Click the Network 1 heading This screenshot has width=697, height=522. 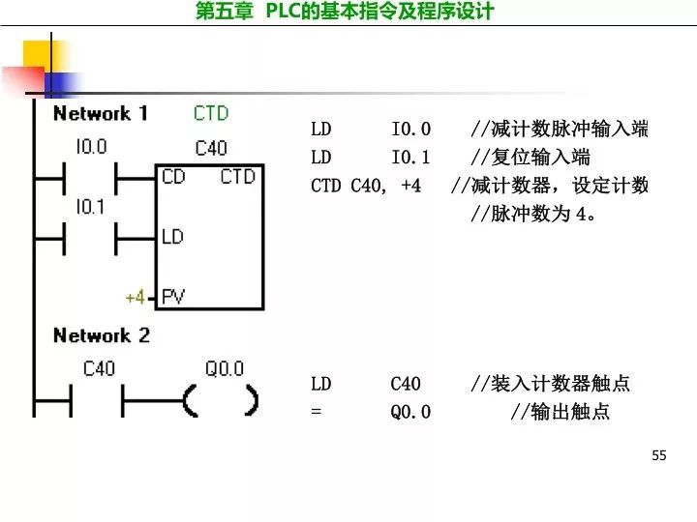coord(101,114)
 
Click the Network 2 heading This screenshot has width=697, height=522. coord(102,336)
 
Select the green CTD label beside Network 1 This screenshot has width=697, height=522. coord(211,113)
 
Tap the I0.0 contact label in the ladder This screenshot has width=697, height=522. coord(91,148)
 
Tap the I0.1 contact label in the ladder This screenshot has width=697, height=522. coord(90,206)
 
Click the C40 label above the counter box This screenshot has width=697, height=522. coord(211,148)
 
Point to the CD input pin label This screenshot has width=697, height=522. coord(173,177)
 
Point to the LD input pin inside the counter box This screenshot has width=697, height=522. coord(172,236)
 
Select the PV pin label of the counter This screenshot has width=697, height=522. coord(173,297)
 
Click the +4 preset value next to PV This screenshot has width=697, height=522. coord(135,297)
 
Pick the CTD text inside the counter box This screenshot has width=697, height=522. coord(237,177)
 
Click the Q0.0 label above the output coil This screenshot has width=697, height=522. coord(225,368)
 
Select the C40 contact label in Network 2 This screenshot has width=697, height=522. coord(99,368)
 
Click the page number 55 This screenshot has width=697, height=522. coord(659,455)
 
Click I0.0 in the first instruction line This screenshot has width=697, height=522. coord(411,130)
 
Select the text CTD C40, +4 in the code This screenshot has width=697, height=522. coord(366,186)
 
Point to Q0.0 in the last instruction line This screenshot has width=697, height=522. coord(411,412)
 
